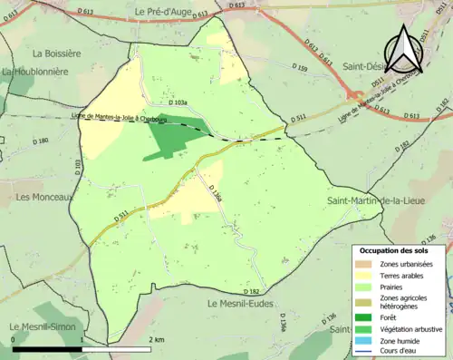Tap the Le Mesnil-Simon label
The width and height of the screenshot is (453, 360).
click(x=42, y=326)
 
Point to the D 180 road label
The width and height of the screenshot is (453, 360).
click(x=41, y=141)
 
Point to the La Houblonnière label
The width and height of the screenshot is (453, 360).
click(x=36, y=71)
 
